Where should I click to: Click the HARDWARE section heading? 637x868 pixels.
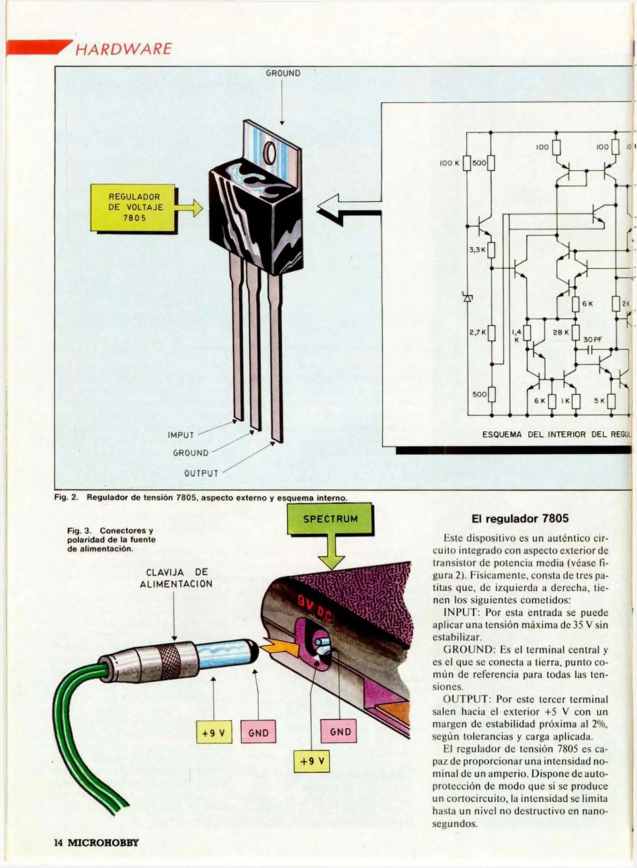coord(123,49)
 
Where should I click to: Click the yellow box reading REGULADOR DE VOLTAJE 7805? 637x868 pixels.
coord(134,207)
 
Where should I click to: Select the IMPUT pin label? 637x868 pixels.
coord(181,435)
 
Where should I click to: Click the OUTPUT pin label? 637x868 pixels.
coord(201,473)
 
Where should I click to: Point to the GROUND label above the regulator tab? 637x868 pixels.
coord(283,73)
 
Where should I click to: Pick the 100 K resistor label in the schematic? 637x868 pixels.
coord(449,163)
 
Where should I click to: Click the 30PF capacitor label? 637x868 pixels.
coord(593,340)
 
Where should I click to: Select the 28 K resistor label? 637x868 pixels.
coord(561,332)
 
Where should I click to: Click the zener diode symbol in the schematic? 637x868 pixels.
coord(467,297)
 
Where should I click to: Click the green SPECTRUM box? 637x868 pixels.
coord(330,519)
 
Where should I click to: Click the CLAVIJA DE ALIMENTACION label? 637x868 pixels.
coord(176,578)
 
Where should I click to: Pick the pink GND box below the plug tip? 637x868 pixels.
coord(258,733)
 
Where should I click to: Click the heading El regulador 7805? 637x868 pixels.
coord(520,518)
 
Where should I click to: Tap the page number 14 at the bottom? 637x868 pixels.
coord(58,843)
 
